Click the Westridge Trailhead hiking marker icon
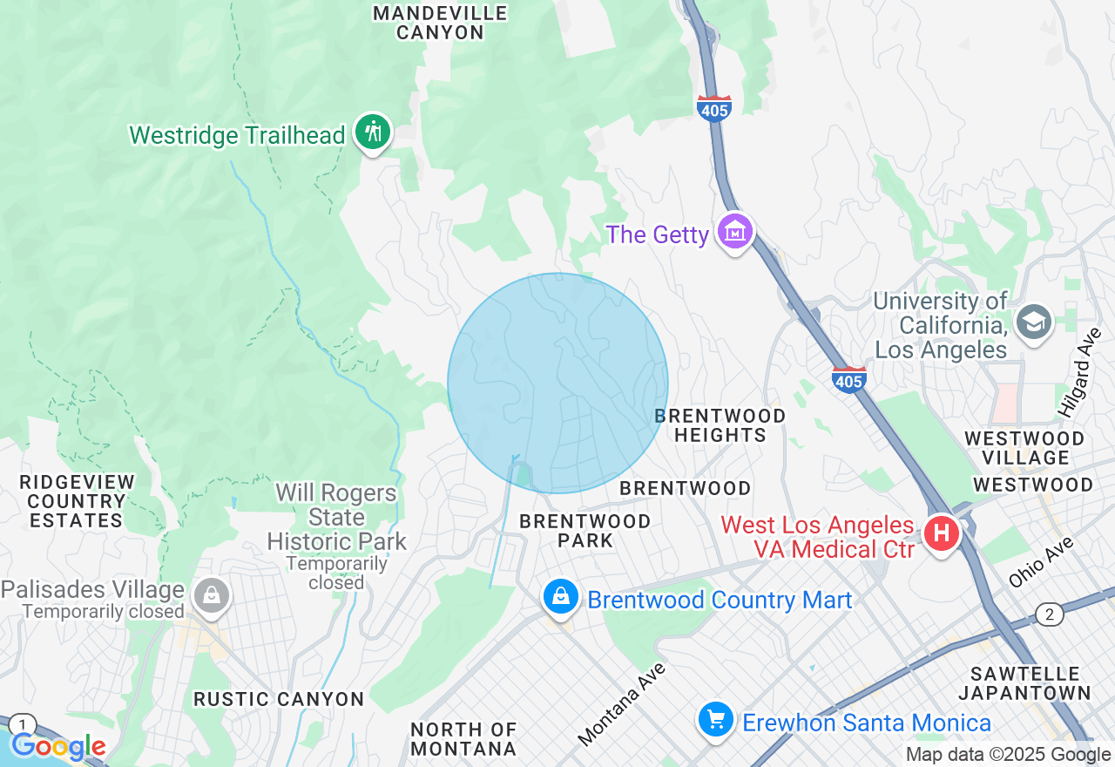click(374, 132)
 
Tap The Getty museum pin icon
click(735, 232)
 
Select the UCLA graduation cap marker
click(1034, 322)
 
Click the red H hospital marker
click(941, 533)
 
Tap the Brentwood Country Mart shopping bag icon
click(561, 597)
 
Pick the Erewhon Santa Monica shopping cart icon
click(716, 720)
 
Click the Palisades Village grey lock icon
click(211, 596)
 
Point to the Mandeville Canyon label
click(440, 23)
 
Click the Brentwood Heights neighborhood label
click(720, 424)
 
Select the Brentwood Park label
click(585, 531)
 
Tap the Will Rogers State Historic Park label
click(336, 517)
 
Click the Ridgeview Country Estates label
click(77, 501)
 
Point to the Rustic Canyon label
click(279, 699)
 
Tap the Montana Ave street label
click(622, 703)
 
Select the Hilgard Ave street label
click(1081, 372)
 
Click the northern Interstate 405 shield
click(713, 108)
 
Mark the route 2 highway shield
click(1050, 614)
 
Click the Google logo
click(58, 746)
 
